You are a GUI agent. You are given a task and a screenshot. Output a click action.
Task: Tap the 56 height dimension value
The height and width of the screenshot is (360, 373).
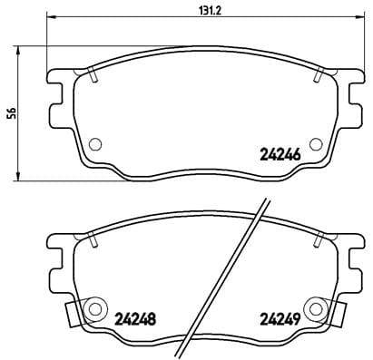tap(11, 112)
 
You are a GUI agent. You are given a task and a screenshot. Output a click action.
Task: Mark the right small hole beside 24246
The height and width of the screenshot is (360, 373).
tap(316, 143)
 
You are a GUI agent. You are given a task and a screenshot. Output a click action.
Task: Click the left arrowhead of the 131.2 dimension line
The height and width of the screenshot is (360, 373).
tap(48, 16)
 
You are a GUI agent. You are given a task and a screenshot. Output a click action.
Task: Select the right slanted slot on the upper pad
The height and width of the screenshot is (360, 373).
tap(317, 74)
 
